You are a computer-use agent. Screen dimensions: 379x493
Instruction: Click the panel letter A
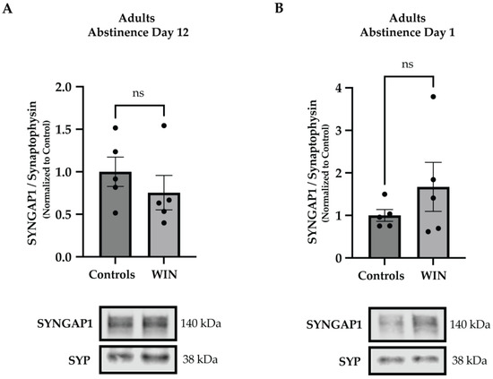pos(6,8)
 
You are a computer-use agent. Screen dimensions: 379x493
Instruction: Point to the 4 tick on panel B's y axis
pos(340,88)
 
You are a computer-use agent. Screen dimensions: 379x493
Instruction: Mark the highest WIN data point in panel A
pos(162,125)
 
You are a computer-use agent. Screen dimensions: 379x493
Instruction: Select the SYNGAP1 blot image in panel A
pos(140,322)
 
